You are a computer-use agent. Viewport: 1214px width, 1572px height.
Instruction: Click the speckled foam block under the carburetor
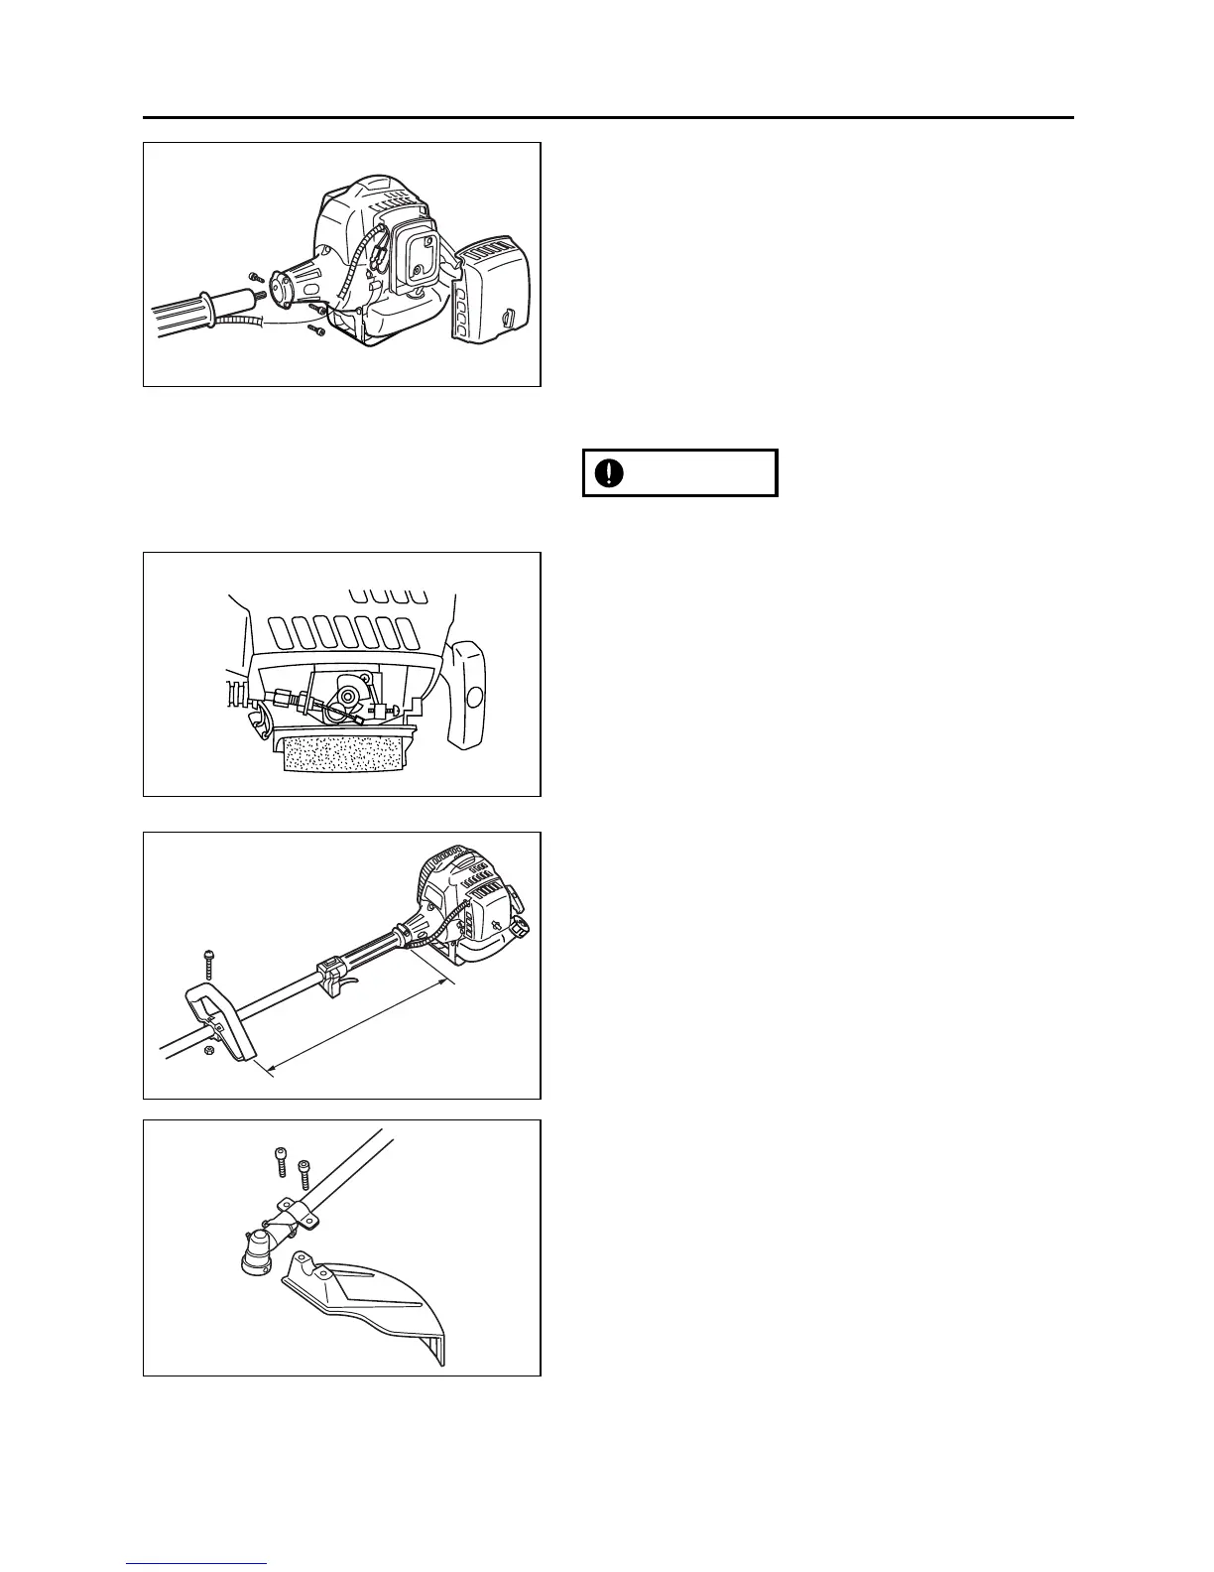[x=343, y=768]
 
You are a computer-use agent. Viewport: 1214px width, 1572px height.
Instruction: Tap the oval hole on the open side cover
[x=472, y=696]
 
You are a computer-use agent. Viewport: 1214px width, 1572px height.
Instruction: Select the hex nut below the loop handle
[x=208, y=1049]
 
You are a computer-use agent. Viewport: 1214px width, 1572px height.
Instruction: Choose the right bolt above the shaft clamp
[x=304, y=1174]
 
